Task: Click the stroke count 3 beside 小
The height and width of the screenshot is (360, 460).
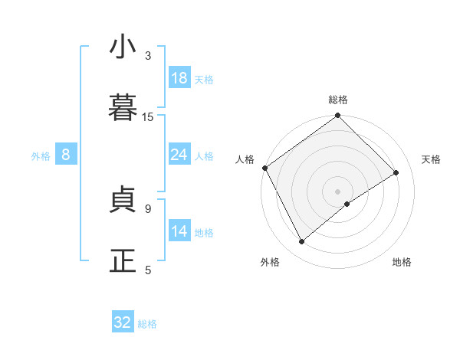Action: (x=148, y=56)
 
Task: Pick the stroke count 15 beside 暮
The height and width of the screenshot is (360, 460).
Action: (x=148, y=116)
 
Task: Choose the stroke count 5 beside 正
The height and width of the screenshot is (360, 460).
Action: (x=148, y=270)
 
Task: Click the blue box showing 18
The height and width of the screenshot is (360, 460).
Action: (x=179, y=78)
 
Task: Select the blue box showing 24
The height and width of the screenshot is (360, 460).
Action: (x=179, y=155)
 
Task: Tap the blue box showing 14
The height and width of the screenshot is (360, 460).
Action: (x=179, y=231)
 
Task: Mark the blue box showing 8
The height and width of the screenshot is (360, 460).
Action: (x=66, y=155)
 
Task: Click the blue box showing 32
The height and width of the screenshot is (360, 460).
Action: (x=123, y=322)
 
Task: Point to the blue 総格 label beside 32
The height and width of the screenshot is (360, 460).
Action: (x=147, y=324)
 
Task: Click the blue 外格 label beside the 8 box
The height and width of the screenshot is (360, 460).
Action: (x=41, y=156)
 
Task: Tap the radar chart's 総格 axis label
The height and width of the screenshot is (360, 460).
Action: (x=338, y=100)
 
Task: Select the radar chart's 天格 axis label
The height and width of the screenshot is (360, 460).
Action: (x=431, y=159)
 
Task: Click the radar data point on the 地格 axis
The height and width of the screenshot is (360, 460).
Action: (x=347, y=204)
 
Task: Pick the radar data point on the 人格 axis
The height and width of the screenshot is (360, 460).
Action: (x=265, y=168)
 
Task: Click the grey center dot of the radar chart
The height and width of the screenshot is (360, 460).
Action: (x=338, y=191)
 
